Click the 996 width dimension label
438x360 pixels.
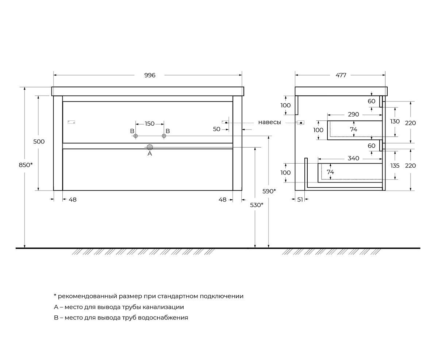(x=150, y=75)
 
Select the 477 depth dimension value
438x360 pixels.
(x=341, y=75)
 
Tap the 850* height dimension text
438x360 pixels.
(x=26, y=165)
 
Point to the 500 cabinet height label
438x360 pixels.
(x=39, y=142)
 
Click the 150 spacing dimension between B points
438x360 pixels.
(x=150, y=124)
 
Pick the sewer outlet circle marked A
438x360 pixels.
(x=150, y=147)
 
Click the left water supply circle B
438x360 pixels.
(x=135, y=136)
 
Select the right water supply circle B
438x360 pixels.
(x=164, y=136)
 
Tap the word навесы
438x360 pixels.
(x=270, y=122)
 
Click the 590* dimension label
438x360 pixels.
(x=269, y=191)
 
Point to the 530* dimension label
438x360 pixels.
(x=257, y=205)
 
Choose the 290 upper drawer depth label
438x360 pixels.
(x=353, y=115)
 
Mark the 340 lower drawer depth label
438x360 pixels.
(x=353, y=158)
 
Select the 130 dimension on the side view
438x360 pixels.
(x=395, y=122)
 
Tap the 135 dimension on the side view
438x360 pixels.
(x=395, y=165)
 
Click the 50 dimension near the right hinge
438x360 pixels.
(x=217, y=129)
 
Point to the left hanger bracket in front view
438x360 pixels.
(x=71, y=122)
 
